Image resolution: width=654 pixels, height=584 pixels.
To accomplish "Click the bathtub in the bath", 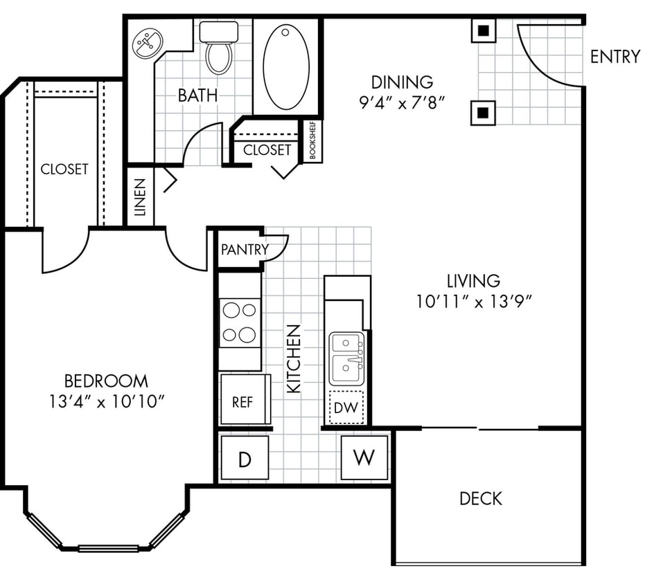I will [286, 66].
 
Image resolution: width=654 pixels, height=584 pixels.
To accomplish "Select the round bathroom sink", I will [146, 44].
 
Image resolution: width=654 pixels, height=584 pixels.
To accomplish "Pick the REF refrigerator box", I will [242, 401].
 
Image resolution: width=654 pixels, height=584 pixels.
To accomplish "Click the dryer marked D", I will [244, 458].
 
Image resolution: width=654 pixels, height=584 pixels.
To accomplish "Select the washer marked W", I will [364, 457].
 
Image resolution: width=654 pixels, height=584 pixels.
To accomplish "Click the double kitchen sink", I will [346, 358].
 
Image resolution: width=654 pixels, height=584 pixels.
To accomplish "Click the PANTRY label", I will [244, 249].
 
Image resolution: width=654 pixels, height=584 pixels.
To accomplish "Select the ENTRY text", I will [615, 57].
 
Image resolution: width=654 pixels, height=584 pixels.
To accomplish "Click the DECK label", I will [480, 498].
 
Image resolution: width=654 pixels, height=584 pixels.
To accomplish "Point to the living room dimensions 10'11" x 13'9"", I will [474, 301].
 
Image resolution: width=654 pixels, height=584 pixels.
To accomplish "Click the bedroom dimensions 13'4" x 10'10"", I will [106, 401].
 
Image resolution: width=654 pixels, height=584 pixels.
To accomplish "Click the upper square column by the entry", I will [483, 30].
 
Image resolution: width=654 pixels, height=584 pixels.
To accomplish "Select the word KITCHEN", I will [294, 358].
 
